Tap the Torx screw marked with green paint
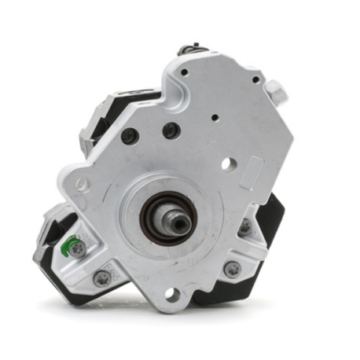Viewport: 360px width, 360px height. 78,248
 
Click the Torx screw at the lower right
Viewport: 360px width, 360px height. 233,269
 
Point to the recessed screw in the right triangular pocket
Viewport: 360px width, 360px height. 245,227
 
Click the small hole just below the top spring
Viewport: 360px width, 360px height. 185,72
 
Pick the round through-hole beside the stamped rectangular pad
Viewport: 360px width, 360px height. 228,164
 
